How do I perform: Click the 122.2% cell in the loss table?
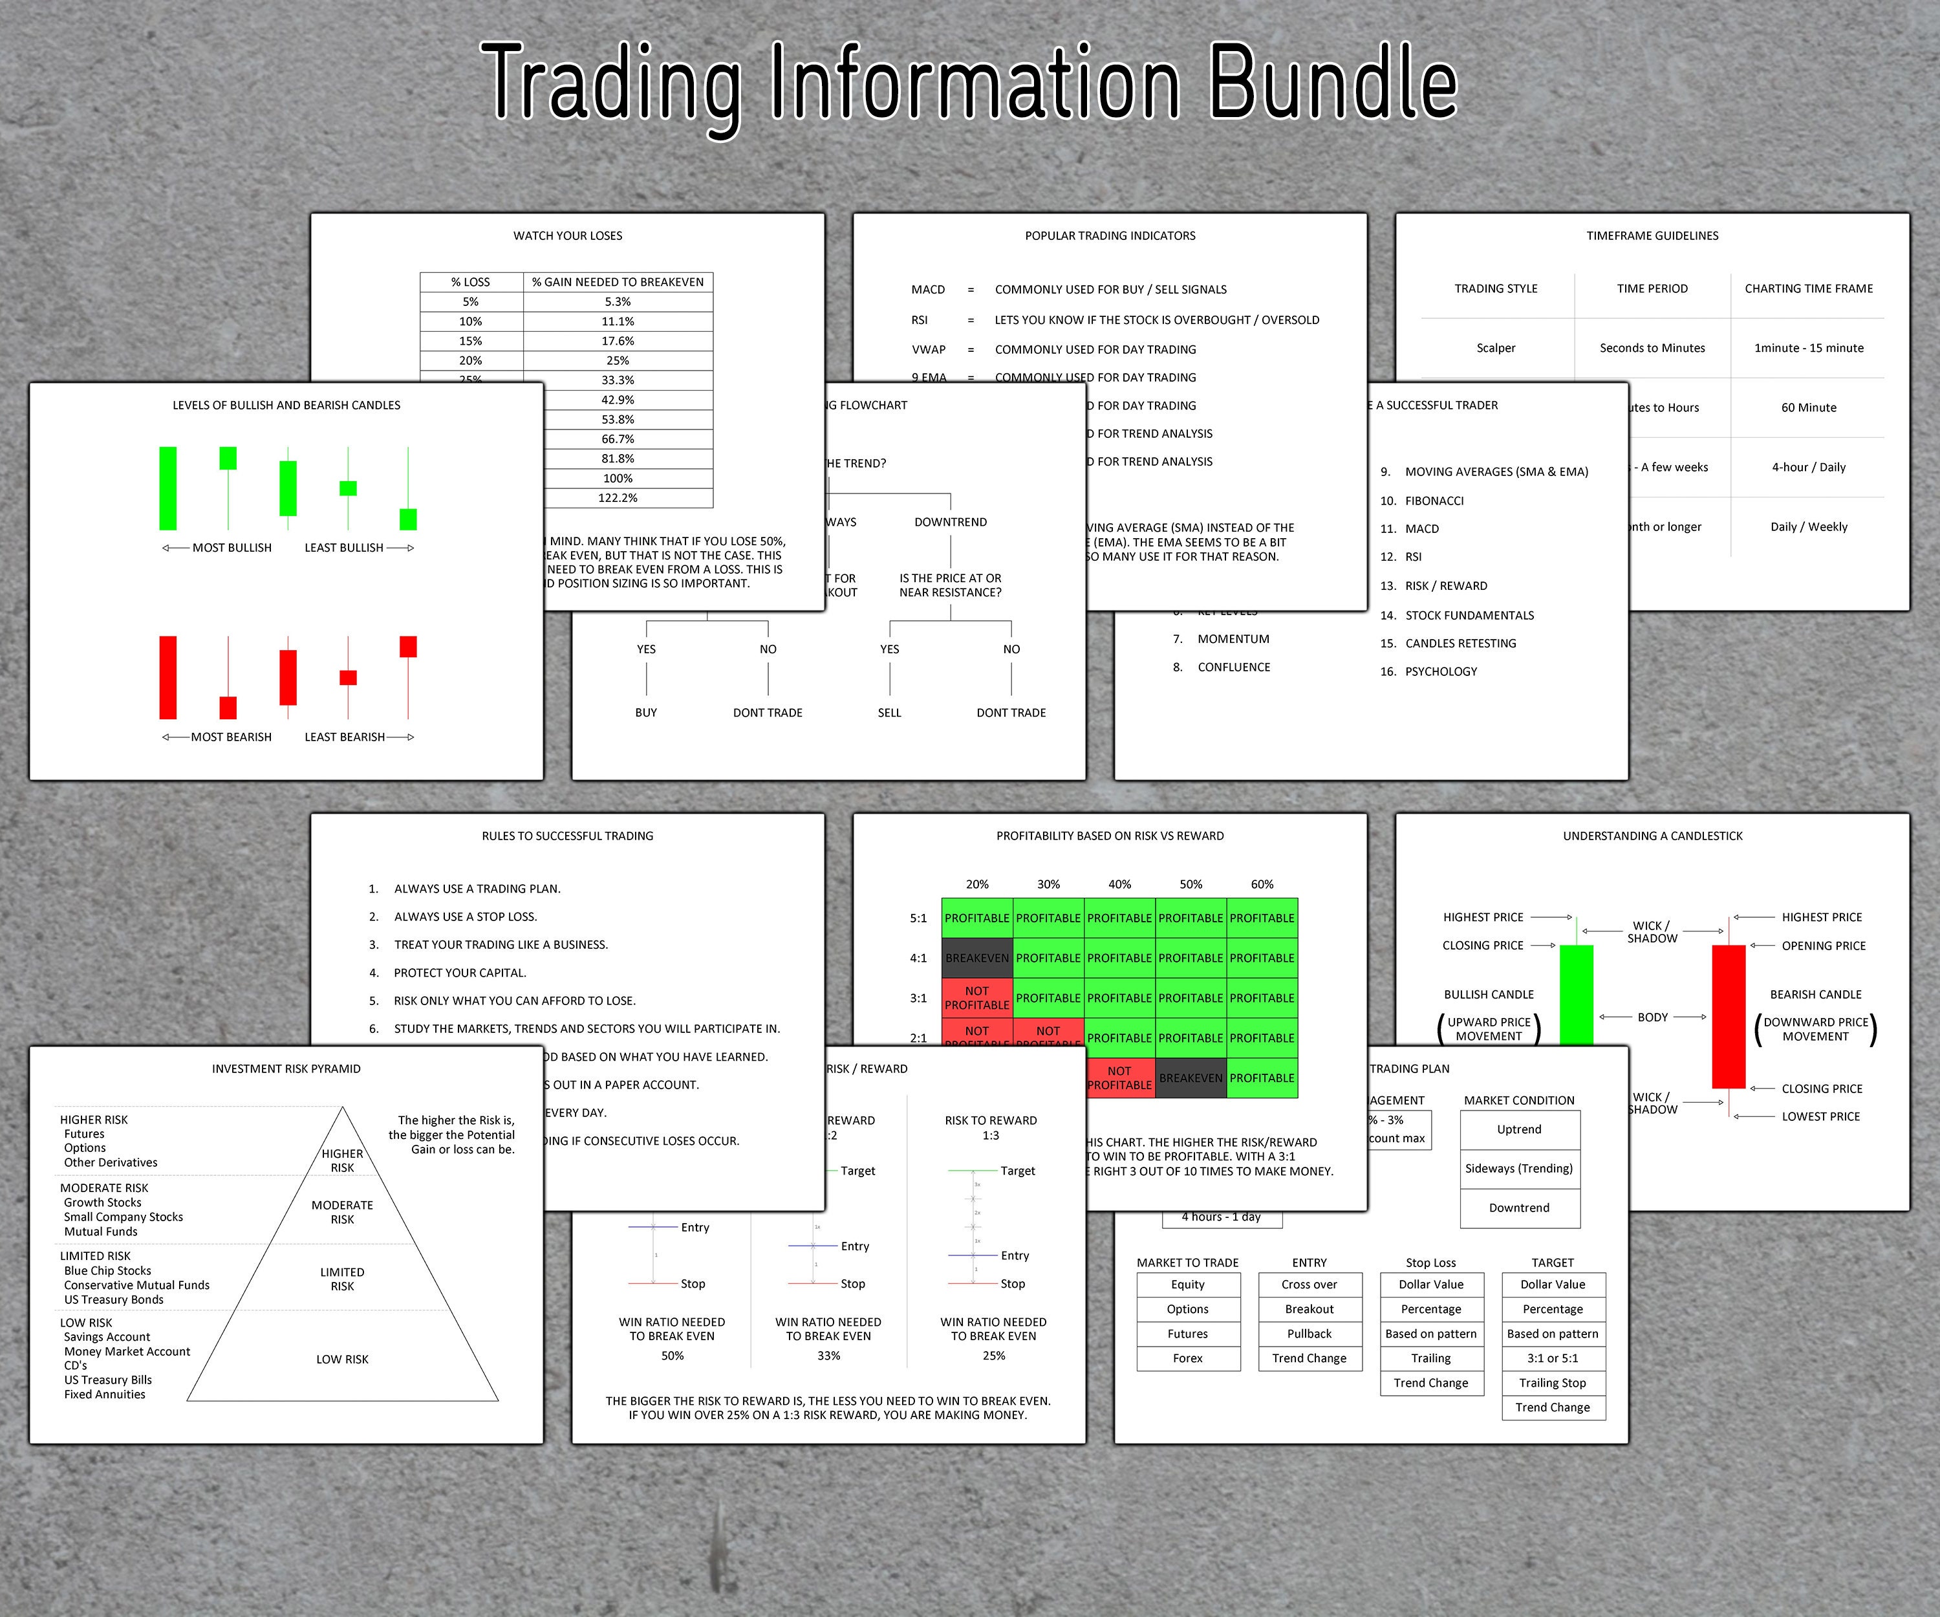[618, 498]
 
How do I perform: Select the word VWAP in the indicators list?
[929, 349]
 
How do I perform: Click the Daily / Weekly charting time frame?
[1808, 526]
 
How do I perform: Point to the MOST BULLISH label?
[232, 548]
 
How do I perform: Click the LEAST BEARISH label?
[345, 737]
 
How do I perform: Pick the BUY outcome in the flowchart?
[646, 712]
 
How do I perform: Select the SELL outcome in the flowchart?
[889, 712]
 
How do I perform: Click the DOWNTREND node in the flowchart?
[951, 522]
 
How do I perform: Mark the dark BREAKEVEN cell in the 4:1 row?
[976, 958]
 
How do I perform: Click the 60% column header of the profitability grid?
[1262, 884]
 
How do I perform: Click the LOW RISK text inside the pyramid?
[342, 1359]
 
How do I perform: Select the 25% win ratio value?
[994, 1356]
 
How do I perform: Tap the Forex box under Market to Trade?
[1187, 1358]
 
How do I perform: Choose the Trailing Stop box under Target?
[1552, 1384]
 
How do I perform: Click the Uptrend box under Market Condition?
[1519, 1129]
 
